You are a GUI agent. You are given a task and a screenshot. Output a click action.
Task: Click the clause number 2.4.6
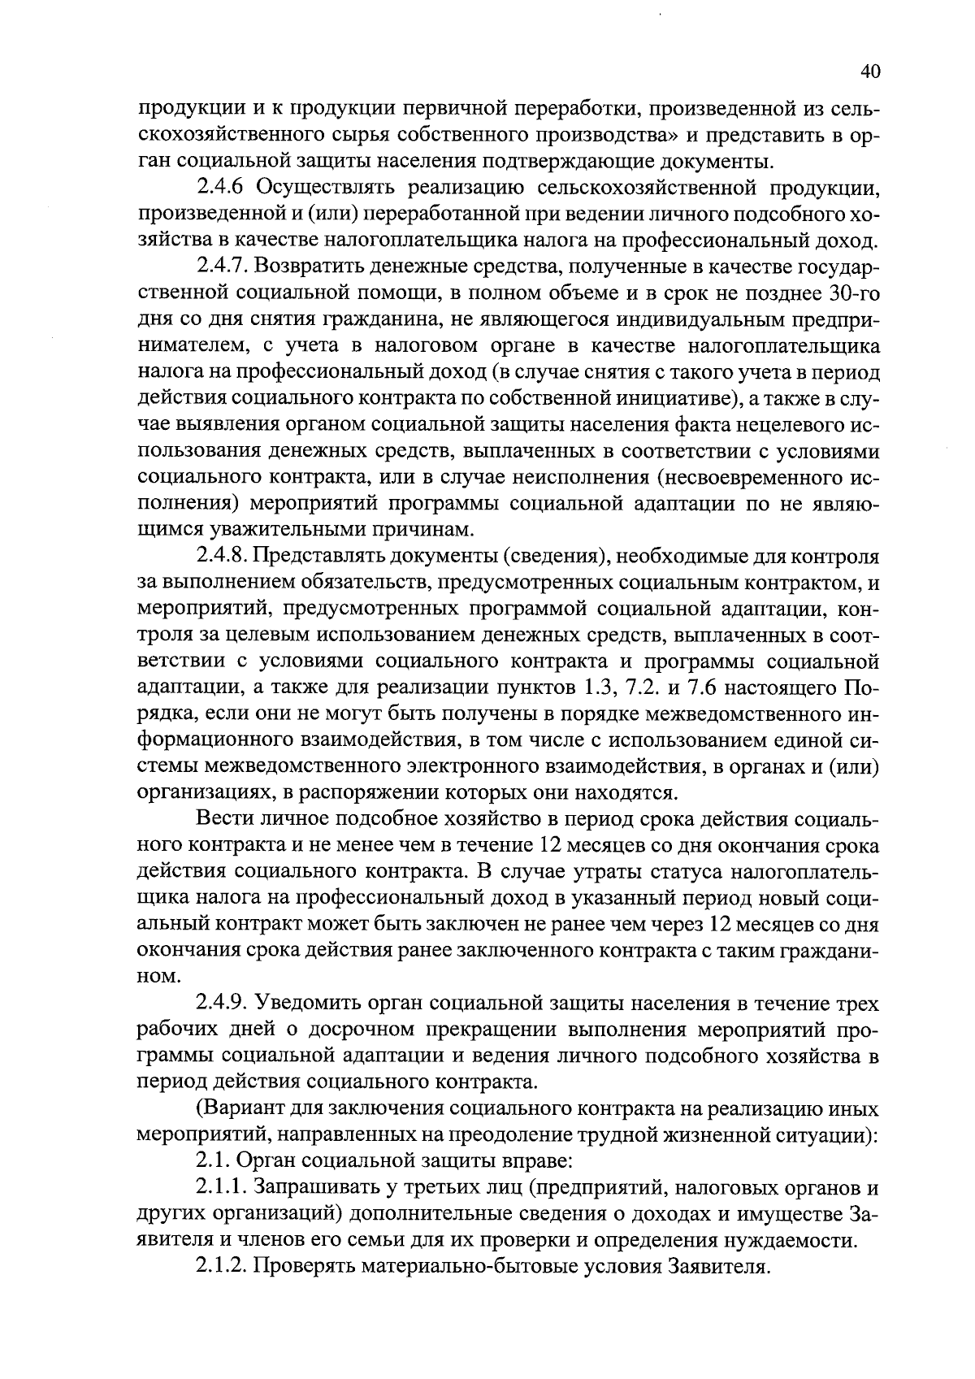223,188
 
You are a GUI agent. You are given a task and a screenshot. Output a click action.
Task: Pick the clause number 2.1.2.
223,1268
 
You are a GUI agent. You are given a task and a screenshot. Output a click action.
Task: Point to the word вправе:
540,1163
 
